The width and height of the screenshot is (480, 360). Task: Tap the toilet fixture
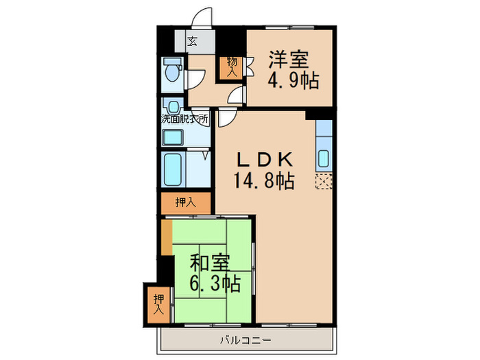point(171,71)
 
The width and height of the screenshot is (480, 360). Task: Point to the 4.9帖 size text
point(292,82)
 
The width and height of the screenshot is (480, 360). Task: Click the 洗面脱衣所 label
point(184,118)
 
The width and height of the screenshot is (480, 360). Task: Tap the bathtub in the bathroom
point(172,169)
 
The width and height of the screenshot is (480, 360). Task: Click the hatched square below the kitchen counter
point(324,182)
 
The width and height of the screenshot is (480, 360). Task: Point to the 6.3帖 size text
point(215,282)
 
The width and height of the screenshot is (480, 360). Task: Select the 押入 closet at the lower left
point(158,304)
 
